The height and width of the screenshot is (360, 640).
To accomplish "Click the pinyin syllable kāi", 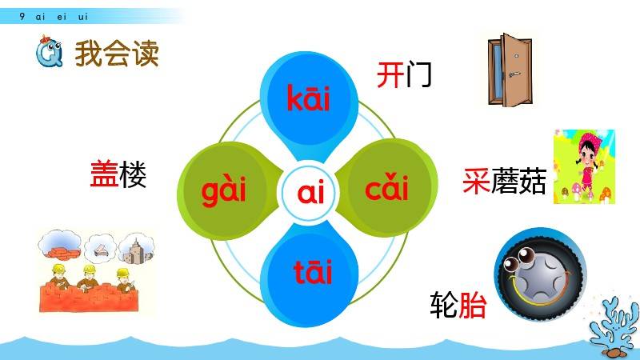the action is (308, 98).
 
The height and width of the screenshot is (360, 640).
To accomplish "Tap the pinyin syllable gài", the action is (224, 190).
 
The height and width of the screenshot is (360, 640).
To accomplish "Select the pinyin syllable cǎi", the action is (386, 187).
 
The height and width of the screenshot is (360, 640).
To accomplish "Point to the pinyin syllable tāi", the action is (313, 271).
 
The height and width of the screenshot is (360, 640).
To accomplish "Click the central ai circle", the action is (310, 192).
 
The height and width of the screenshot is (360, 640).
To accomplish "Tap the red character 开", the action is (390, 75).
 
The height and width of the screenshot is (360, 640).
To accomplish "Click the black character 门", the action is (418, 75).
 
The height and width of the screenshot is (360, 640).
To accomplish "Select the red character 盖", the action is (104, 174).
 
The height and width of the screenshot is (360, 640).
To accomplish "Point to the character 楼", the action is (133, 174).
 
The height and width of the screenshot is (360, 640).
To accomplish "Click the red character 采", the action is (476, 181).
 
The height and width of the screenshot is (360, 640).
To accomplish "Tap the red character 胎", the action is (473, 305).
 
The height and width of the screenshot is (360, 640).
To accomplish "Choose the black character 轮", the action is (444, 305).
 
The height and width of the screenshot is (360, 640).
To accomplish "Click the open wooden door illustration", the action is (510, 70).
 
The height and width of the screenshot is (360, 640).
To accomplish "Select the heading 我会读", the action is (117, 54).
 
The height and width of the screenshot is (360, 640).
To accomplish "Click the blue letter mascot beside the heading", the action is (49, 52).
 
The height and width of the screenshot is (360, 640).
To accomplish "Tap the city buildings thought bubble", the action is (137, 248).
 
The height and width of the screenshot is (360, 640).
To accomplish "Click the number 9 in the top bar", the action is (22, 16).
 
